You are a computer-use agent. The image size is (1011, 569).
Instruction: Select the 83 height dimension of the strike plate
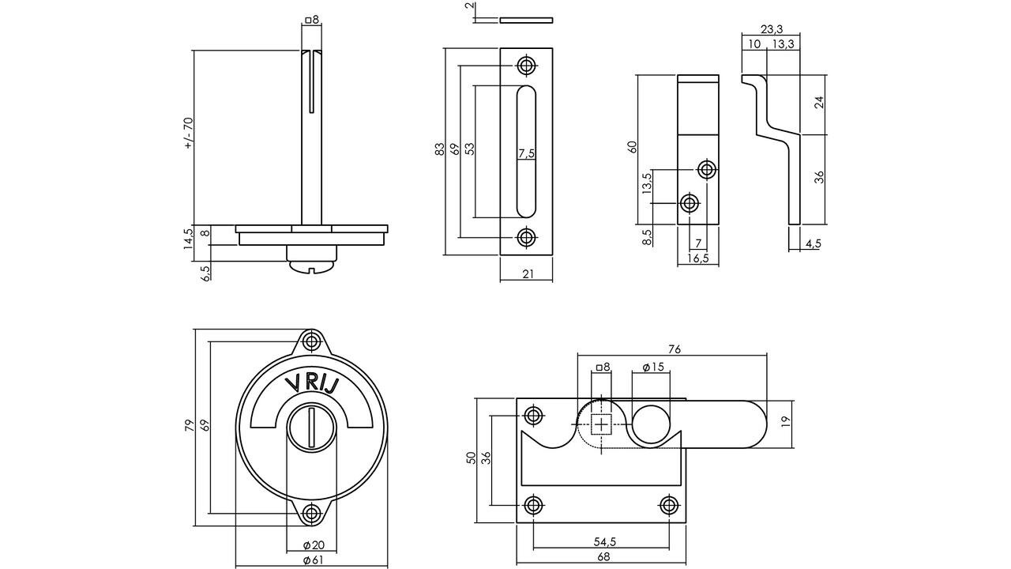coord(439,150)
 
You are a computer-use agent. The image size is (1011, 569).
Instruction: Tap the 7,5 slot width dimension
coord(527,153)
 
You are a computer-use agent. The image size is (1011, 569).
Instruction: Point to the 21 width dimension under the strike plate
coord(527,273)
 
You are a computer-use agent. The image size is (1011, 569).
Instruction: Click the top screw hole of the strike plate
coord(526,65)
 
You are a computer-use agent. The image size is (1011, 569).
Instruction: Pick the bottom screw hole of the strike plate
coord(526,236)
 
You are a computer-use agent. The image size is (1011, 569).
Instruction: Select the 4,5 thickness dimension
coord(813,243)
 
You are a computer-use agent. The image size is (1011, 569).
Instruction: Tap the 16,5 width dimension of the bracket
coord(697,258)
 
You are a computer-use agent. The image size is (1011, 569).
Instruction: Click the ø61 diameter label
coord(312,560)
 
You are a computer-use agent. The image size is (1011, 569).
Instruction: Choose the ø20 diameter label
coord(313,545)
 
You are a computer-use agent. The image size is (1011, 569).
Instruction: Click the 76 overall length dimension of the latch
coord(674,349)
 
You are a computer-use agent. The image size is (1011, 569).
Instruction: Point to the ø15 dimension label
coord(652,367)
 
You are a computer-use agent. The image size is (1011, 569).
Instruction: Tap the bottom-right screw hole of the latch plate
coord(668,505)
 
